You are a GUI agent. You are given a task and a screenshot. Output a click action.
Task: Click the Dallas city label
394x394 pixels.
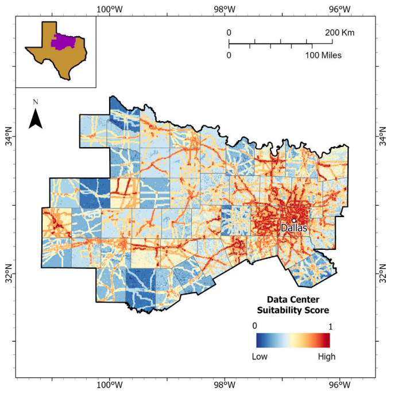click(293, 228)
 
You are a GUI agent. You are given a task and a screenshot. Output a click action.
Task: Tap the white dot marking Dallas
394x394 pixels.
click(293, 220)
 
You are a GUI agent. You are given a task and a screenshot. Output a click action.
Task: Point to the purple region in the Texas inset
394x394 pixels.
click(61, 41)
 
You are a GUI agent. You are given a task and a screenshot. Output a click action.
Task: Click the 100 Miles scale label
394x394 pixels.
click(322, 55)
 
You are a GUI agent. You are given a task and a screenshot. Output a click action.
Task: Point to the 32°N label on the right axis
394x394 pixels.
click(384, 274)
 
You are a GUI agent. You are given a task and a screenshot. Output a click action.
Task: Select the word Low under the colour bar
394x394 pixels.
click(260, 357)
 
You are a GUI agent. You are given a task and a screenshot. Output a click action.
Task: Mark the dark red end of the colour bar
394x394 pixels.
click(326, 341)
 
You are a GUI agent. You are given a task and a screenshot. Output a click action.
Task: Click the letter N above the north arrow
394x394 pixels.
click(36, 102)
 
